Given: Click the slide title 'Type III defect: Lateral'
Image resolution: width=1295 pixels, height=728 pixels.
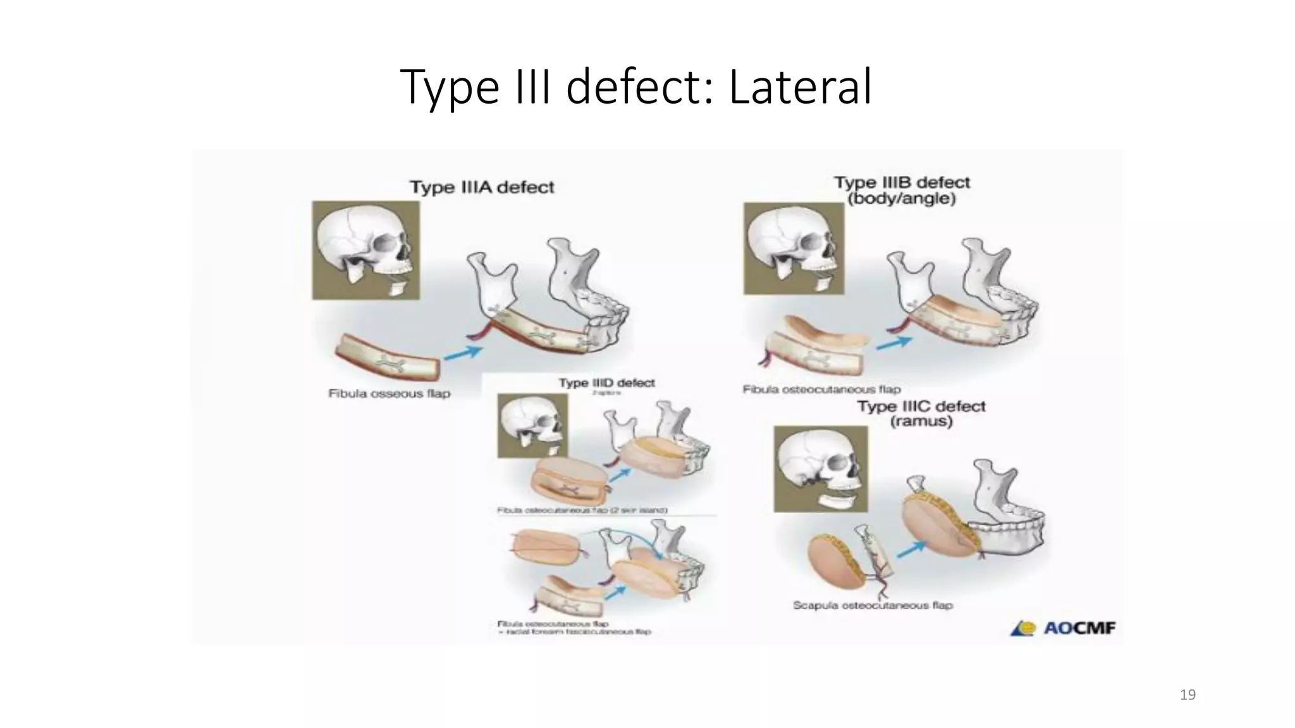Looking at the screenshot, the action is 636,87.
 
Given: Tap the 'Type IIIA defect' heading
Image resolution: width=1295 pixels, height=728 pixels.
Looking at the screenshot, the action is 482,187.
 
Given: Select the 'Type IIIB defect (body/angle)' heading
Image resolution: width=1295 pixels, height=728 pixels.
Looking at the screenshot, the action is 902,190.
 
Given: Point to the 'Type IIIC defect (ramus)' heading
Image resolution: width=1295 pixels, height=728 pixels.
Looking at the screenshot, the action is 921,413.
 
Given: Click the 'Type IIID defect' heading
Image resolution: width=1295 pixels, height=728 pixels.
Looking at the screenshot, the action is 606,383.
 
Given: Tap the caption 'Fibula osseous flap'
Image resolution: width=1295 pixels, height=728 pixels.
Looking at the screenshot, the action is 389,394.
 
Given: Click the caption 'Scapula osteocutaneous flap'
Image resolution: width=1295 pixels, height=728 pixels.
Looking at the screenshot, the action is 873,605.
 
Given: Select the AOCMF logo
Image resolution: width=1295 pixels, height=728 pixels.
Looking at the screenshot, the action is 1063,628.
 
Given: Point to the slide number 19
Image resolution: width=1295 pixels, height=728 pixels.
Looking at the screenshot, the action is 1188,695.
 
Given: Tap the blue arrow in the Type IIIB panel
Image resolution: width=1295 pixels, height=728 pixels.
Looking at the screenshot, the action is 894,343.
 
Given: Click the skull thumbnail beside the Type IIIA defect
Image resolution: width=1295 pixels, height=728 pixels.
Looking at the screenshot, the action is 366,250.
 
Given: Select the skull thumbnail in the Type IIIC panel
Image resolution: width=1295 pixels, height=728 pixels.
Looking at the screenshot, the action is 821,468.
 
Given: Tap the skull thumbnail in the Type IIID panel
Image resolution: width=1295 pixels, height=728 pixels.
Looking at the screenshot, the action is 532,425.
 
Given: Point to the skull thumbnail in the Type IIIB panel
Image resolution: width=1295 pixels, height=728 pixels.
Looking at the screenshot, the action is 794,248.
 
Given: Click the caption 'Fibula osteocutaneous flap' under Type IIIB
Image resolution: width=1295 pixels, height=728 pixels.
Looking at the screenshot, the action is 821,389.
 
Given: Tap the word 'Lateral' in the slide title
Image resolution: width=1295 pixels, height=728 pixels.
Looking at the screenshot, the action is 801,87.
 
